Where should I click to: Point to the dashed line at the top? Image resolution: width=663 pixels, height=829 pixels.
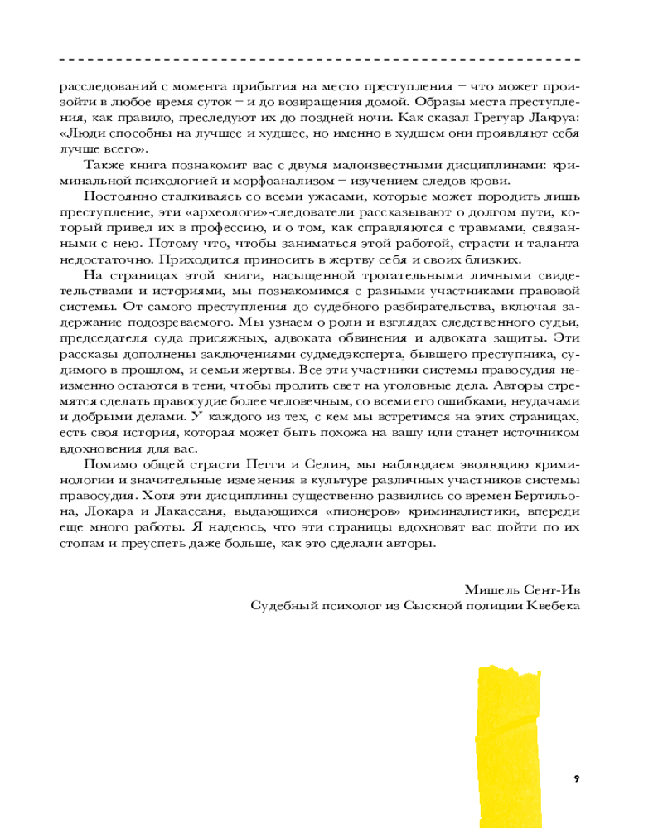point(320,60)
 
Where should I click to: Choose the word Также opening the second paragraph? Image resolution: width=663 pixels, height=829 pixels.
point(104,166)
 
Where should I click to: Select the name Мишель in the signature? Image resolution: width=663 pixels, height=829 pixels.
point(489,589)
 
